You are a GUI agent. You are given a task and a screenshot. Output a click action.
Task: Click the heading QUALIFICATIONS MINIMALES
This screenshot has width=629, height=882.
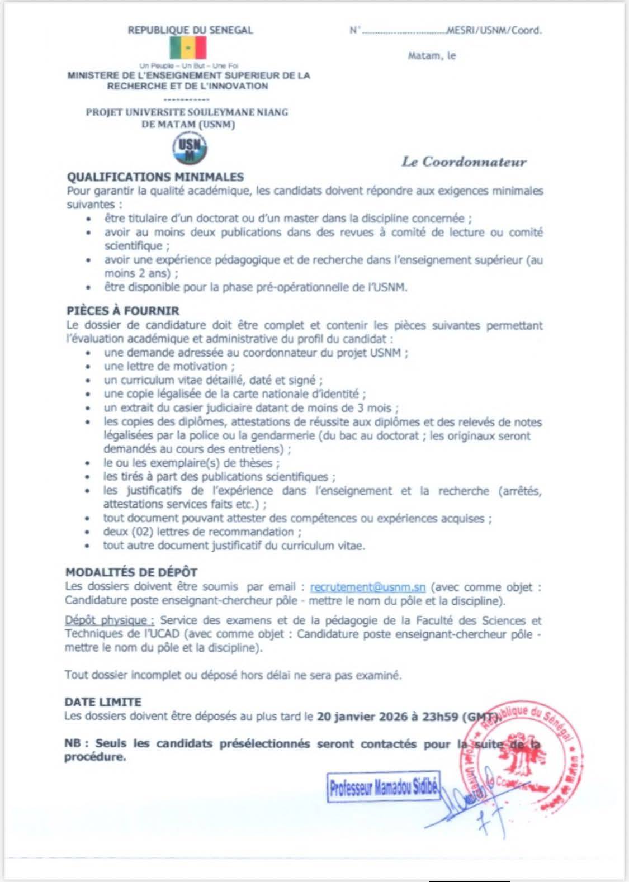click(x=155, y=177)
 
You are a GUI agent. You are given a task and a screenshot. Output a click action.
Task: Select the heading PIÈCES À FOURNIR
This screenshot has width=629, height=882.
click(x=122, y=311)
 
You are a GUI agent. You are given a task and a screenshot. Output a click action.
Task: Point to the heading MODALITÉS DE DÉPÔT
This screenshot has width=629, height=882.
click(x=131, y=572)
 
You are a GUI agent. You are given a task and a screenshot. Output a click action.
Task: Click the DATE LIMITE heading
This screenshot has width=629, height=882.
click(x=103, y=702)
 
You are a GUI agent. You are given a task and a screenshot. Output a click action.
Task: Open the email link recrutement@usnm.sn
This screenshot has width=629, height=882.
click(x=368, y=587)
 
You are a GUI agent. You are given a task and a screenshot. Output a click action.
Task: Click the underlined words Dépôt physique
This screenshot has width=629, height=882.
click(x=110, y=620)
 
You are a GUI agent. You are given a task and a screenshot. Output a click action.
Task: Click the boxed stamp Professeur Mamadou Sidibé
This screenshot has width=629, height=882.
click(x=384, y=789)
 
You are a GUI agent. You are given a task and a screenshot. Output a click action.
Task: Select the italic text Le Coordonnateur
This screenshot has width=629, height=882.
click(x=464, y=162)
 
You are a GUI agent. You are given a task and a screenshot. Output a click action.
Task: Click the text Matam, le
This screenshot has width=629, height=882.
click(x=432, y=56)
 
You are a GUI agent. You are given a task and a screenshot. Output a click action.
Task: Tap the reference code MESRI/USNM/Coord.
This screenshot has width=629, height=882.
click(x=494, y=31)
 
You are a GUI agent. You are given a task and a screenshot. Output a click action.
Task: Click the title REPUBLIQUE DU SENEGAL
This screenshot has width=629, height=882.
click(x=190, y=30)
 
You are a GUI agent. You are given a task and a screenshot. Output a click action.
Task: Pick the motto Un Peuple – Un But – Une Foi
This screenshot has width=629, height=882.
click(x=188, y=66)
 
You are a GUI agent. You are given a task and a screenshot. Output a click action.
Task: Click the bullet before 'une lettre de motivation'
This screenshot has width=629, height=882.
click(x=88, y=367)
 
